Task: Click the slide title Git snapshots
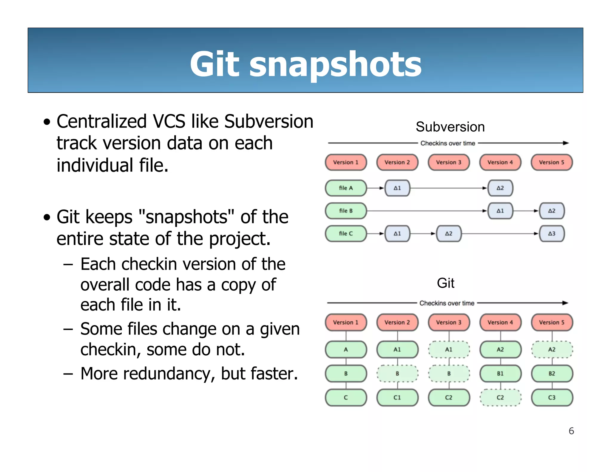click(x=305, y=64)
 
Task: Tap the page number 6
click(x=571, y=431)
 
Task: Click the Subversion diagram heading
click(x=450, y=127)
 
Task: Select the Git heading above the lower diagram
click(x=445, y=283)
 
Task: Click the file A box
click(x=346, y=188)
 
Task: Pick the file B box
click(x=346, y=211)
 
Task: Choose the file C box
click(x=346, y=234)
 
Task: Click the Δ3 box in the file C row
click(x=552, y=234)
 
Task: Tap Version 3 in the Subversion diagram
click(x=448, y=162)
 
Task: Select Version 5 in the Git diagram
click(x=552, y=322)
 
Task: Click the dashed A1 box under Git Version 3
click(x=449, y=349)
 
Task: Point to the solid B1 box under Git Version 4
click(x=500, y=374)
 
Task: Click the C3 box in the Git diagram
click(x=552, y=397)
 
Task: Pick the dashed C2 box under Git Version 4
click(x=500, y=397)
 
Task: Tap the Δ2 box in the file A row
click(x=500, y=188)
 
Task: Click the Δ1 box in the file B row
click(x=500, y=211)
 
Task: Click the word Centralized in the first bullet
click(x=101, y=121)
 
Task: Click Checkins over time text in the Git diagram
click(x=447, y=303)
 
